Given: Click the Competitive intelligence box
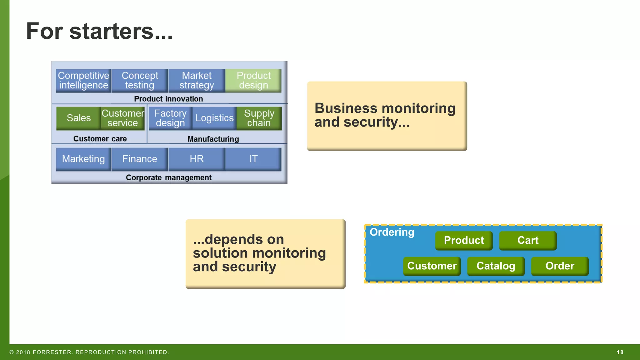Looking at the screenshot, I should tap(83, 81).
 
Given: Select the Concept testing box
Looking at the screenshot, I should tap(140, 81).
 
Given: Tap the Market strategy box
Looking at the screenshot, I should tap(197, 81).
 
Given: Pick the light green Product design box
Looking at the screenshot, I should tap(253, 81).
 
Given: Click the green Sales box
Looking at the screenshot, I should tap(78, 118).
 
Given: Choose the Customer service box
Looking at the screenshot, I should tap(122, 118).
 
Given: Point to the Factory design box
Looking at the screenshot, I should tap(170, 118).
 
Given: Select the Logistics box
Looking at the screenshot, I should tap(214, 118).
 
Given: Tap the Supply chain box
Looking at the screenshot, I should tap(259, 118).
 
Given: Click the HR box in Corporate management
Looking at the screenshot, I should tap(197, 159).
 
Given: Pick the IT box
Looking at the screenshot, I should tap(253, 159).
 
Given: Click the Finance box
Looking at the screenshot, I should tap(140, 159).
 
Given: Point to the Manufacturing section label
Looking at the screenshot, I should tap(213, 139).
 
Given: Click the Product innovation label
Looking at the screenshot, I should tap(168, 99).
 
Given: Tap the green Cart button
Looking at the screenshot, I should tap(528, 240).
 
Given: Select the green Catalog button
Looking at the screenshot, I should tap(496, 266).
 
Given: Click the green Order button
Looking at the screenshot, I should tap(560, 266).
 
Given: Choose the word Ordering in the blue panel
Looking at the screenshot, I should tap(392, 232).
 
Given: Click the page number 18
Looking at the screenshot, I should tap(620, 352).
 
